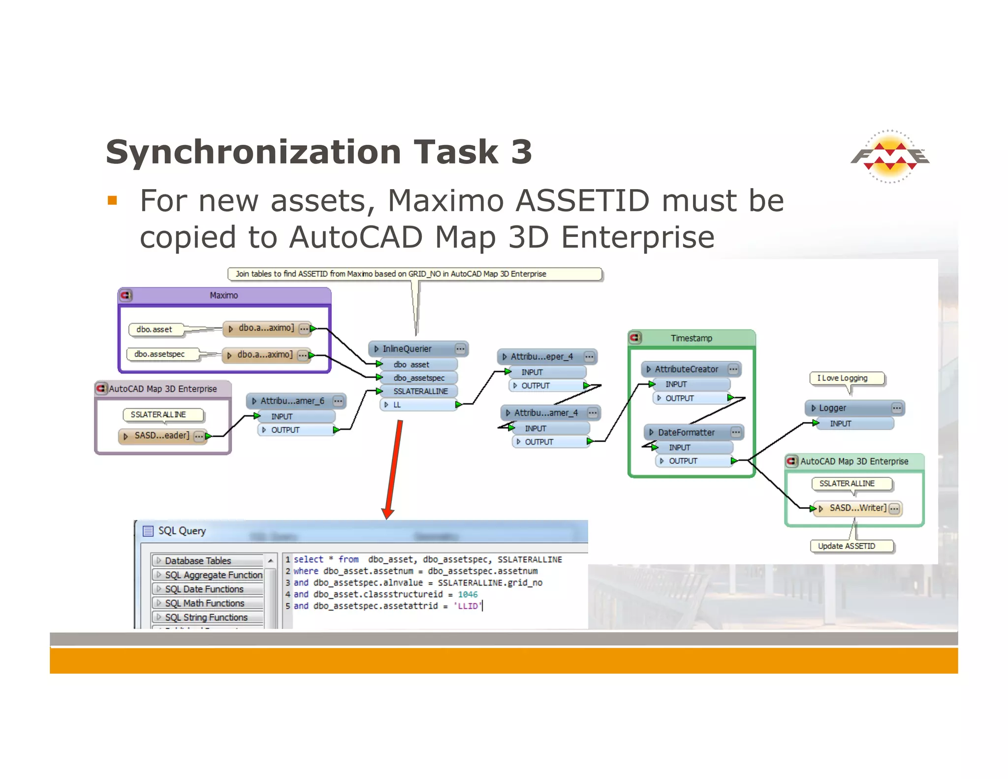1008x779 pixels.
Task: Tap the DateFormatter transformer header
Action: (x=686, y=432)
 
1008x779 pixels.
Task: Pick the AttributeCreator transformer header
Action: (x=686, y=369)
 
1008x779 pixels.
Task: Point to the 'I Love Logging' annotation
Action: (x=842, y=378)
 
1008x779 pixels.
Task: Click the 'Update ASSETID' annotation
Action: (x=847, y=546)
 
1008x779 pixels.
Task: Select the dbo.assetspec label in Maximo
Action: (x=159, y=354)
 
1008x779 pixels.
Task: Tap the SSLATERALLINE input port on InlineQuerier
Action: (x=420, y=391)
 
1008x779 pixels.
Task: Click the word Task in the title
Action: (x=456, y=152)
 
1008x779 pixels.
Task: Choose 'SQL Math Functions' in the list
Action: (x=204, y=603)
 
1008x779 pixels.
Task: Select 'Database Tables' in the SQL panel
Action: (x=198, y=560)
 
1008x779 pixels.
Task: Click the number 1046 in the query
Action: (x=468, y=594)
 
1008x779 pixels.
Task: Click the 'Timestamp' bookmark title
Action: (x=691, y=338)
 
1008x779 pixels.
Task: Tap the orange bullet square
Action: (x=112, y=200)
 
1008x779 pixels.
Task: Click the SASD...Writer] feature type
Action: (x=857, y=508)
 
